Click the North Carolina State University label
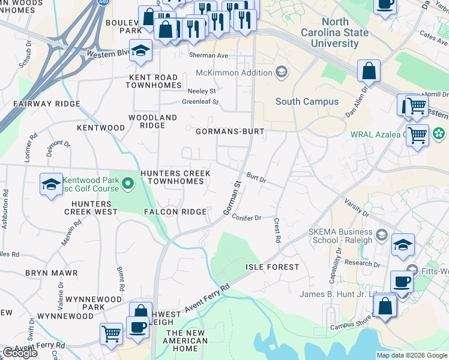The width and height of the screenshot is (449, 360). coord(335,33)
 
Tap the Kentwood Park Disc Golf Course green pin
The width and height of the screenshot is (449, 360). coord(127,184)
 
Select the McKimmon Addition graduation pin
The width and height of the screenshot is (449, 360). coord(281,73)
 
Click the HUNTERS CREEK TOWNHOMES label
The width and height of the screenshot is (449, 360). coord(175,177)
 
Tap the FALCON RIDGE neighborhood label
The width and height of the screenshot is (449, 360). coord(175,212)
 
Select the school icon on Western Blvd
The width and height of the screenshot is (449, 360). coord(140,52)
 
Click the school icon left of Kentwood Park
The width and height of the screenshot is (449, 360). coord(52,184)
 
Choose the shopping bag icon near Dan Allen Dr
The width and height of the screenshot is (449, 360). coord(369,71)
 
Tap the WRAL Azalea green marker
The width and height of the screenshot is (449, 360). coord(439,133)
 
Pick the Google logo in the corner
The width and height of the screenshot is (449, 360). coord(20,353)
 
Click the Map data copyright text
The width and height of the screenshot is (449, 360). coord(411,355)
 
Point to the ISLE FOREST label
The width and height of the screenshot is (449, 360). coord(272,266)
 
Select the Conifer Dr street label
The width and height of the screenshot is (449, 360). coord(246,218)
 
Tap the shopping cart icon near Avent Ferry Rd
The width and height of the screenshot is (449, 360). coord(111,334)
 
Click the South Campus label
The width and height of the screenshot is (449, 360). coord(307,101)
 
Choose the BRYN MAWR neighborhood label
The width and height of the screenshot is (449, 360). coord(52,273)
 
